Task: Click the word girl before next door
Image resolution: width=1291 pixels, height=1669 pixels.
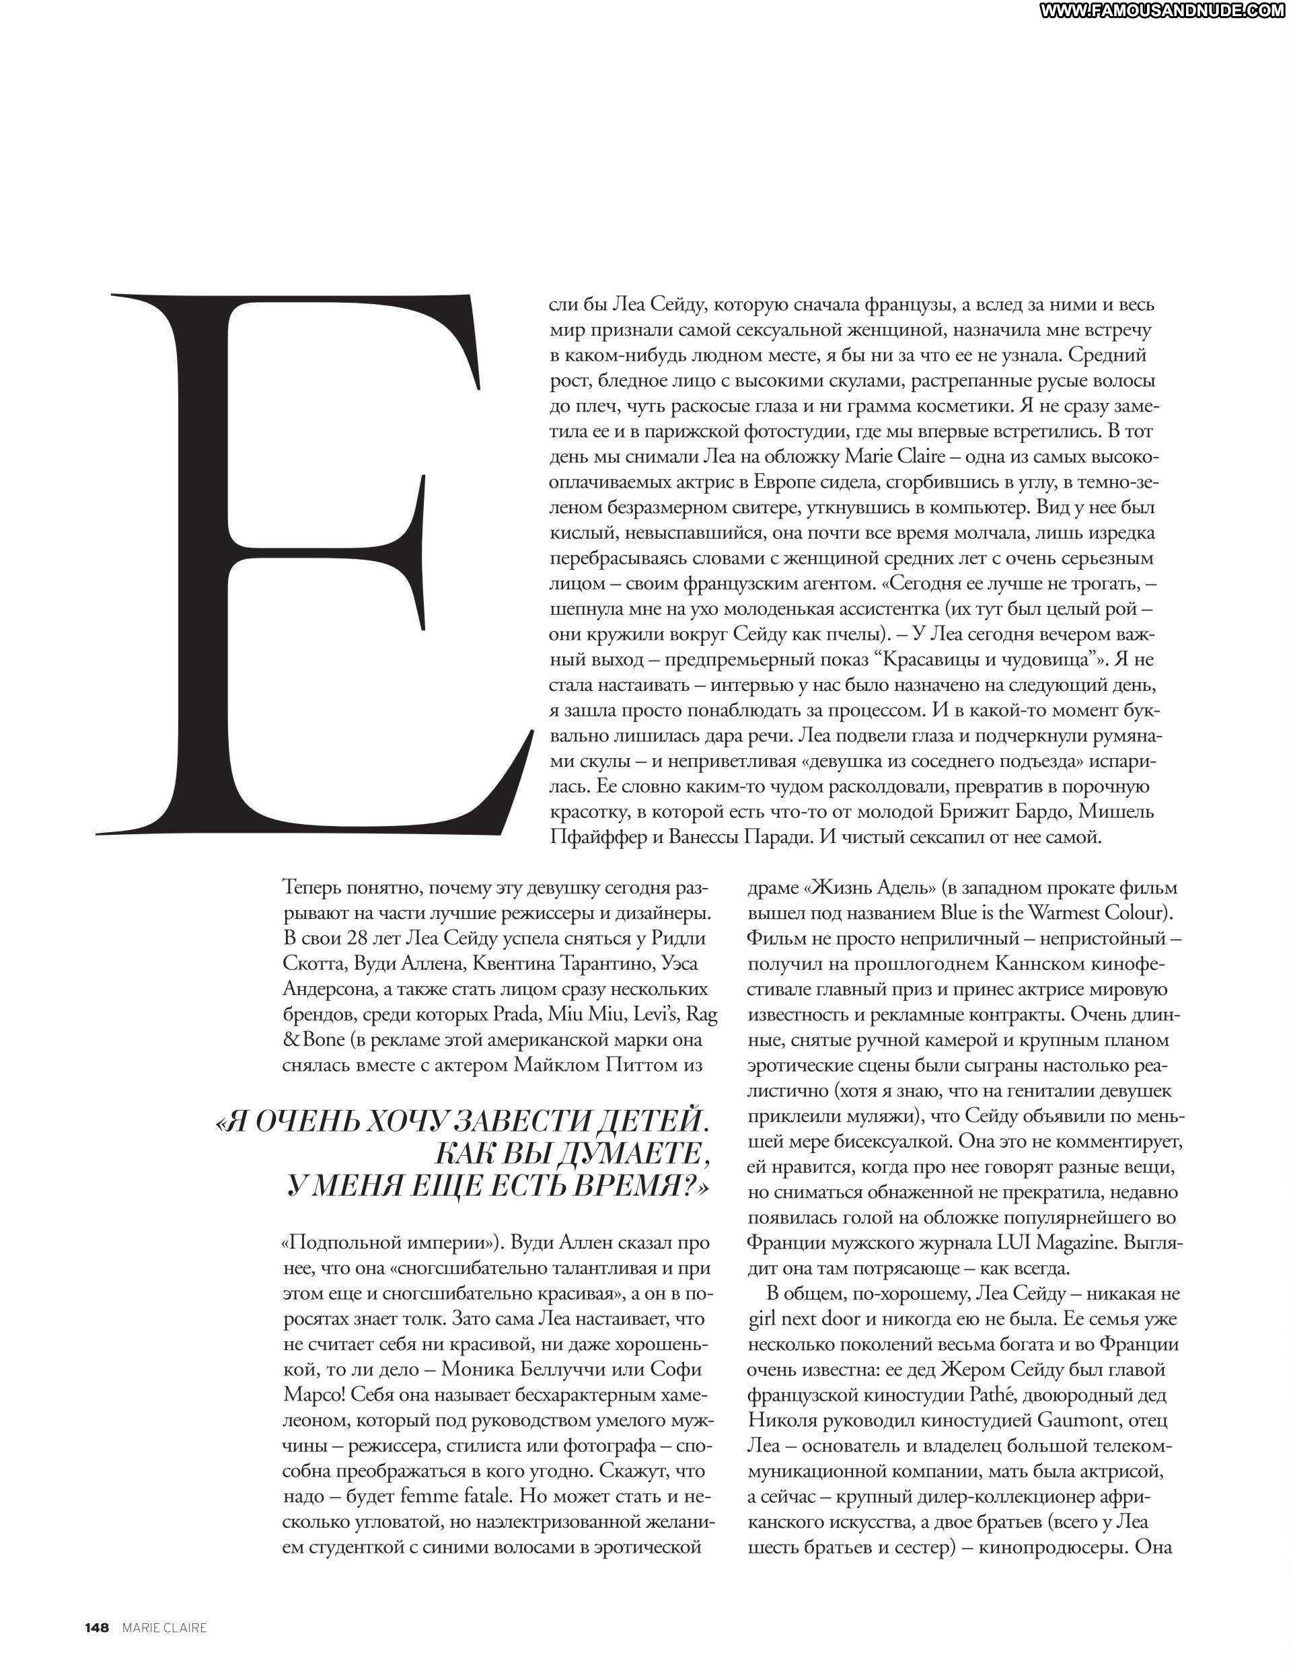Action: (765, 1319)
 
